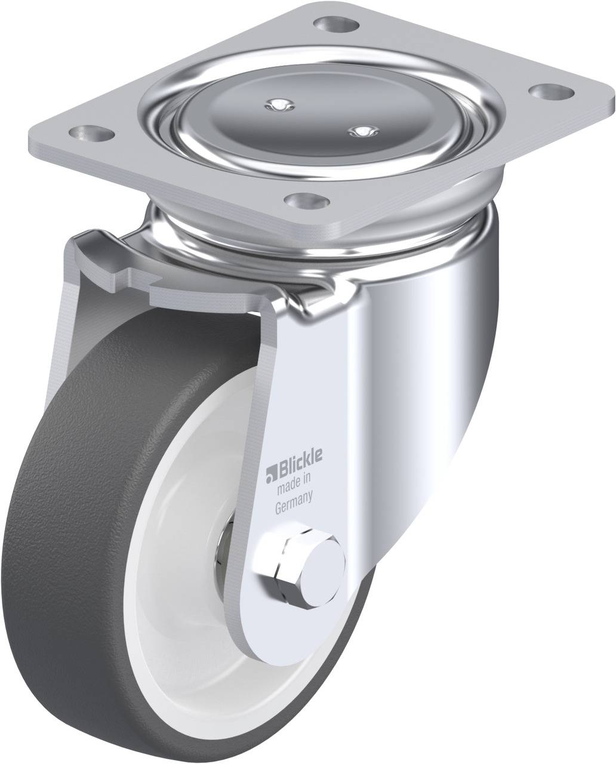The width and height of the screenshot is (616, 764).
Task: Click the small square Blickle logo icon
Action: coord(272,475)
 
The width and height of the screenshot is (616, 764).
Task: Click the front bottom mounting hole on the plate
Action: coord(307,202)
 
